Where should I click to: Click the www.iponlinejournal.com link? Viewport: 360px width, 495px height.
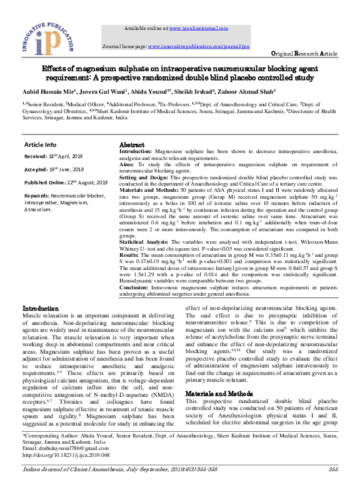(196, 29)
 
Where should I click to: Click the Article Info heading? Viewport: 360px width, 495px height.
(40, 144)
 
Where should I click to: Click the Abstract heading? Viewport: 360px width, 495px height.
(132, 144)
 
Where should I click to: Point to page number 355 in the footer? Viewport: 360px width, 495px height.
(333, 469)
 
